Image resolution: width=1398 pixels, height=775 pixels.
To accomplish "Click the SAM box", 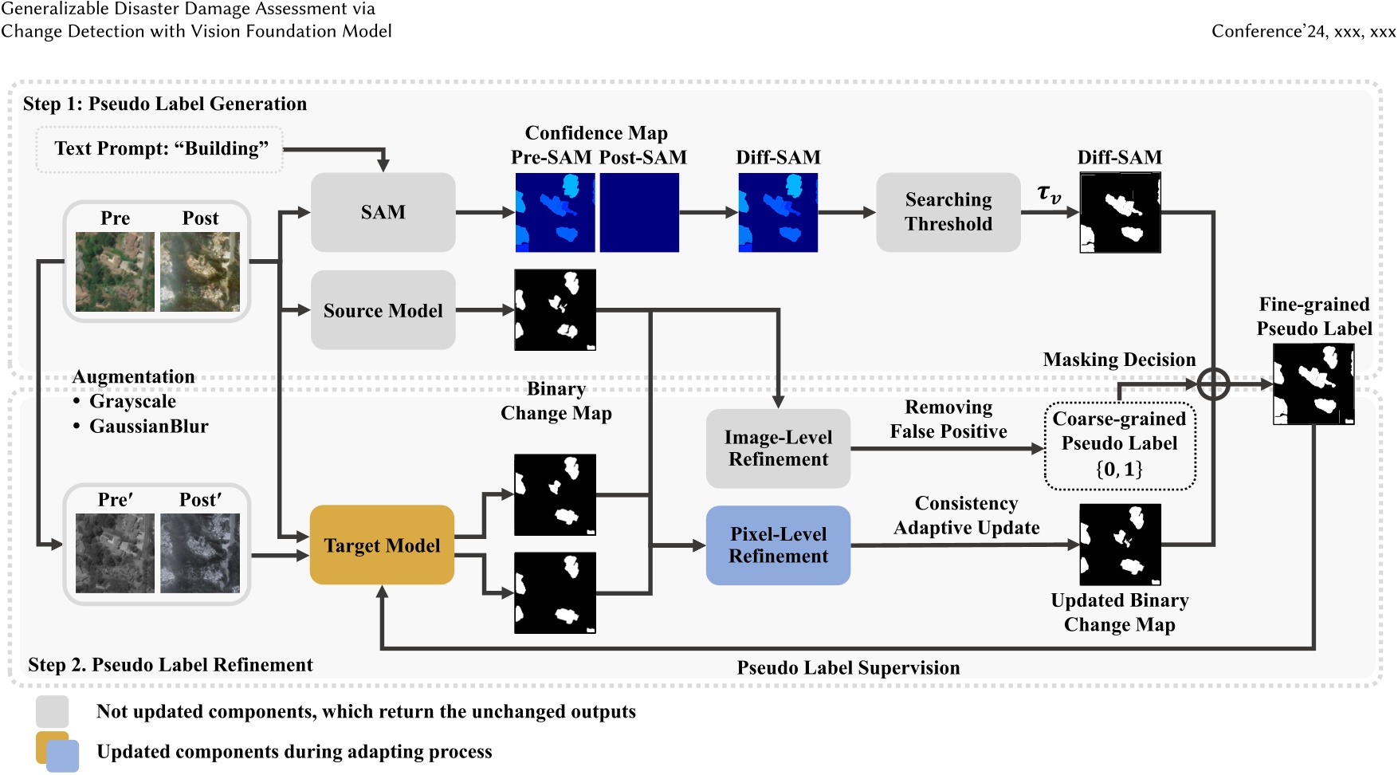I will click(383, 212).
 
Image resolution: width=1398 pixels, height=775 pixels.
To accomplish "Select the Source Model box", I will click(383, 310).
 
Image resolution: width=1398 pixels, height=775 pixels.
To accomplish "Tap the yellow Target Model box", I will click(382, 545).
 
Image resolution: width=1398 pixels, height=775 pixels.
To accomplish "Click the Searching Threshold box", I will click(948, 212).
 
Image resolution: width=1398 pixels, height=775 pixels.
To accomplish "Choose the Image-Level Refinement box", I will click(778, 448).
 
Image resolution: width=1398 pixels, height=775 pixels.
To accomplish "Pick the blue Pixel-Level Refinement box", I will click(778, 545).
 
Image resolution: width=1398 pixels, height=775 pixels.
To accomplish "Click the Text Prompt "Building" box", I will click(160, 149).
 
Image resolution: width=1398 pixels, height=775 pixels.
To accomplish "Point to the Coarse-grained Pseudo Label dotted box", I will click(1119, 445).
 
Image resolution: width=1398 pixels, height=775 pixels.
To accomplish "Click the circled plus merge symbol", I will click(1213, 384).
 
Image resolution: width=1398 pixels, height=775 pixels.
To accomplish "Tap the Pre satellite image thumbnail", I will click(115, 271).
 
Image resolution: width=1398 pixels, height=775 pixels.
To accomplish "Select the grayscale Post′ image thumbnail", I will click(200, 553).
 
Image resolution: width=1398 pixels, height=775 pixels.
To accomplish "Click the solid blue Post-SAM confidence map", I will click(639, 213).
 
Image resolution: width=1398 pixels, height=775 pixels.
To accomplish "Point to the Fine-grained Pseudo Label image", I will click(1314, 384).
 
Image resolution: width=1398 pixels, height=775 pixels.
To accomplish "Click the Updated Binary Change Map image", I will click(1120, 545).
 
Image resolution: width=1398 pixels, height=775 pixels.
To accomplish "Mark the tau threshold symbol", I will click(1049, 194).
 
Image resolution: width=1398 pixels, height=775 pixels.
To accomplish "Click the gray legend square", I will click(53, 711).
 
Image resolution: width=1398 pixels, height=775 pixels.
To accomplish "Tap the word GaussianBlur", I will click(148, 427).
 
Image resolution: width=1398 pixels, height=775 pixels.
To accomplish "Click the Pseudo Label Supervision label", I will click(848, 668).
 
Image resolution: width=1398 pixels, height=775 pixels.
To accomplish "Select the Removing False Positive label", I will click(948, 419).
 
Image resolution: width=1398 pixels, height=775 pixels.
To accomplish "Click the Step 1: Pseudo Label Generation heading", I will click(165, 104).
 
